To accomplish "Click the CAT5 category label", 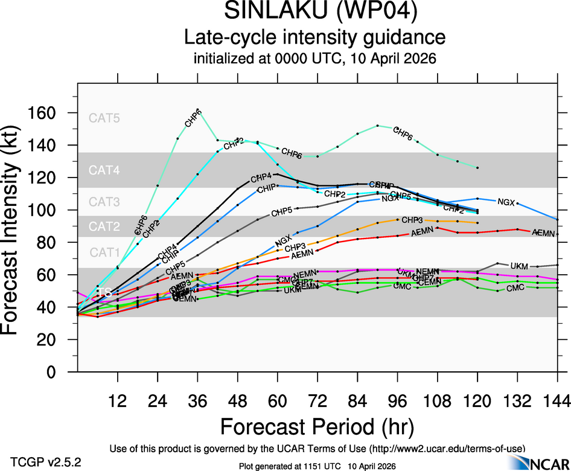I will pyautogui.click(x=104, y=118).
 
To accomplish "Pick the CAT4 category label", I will pyautogui.click(x=104, y=171).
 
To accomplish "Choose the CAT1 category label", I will pyautogui.click(x=104, y=252).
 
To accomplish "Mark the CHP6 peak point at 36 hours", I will pyautogui.click(x=198, y=110).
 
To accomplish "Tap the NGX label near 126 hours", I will pyautogui.click(x=506, y=201).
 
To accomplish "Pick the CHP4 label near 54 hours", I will pyautogui.click(x=261, y=178).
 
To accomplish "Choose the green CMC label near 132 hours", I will pyautogui.click(x=515, y=289).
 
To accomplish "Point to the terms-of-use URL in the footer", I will pyautogui.click(x=445, y=448).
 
